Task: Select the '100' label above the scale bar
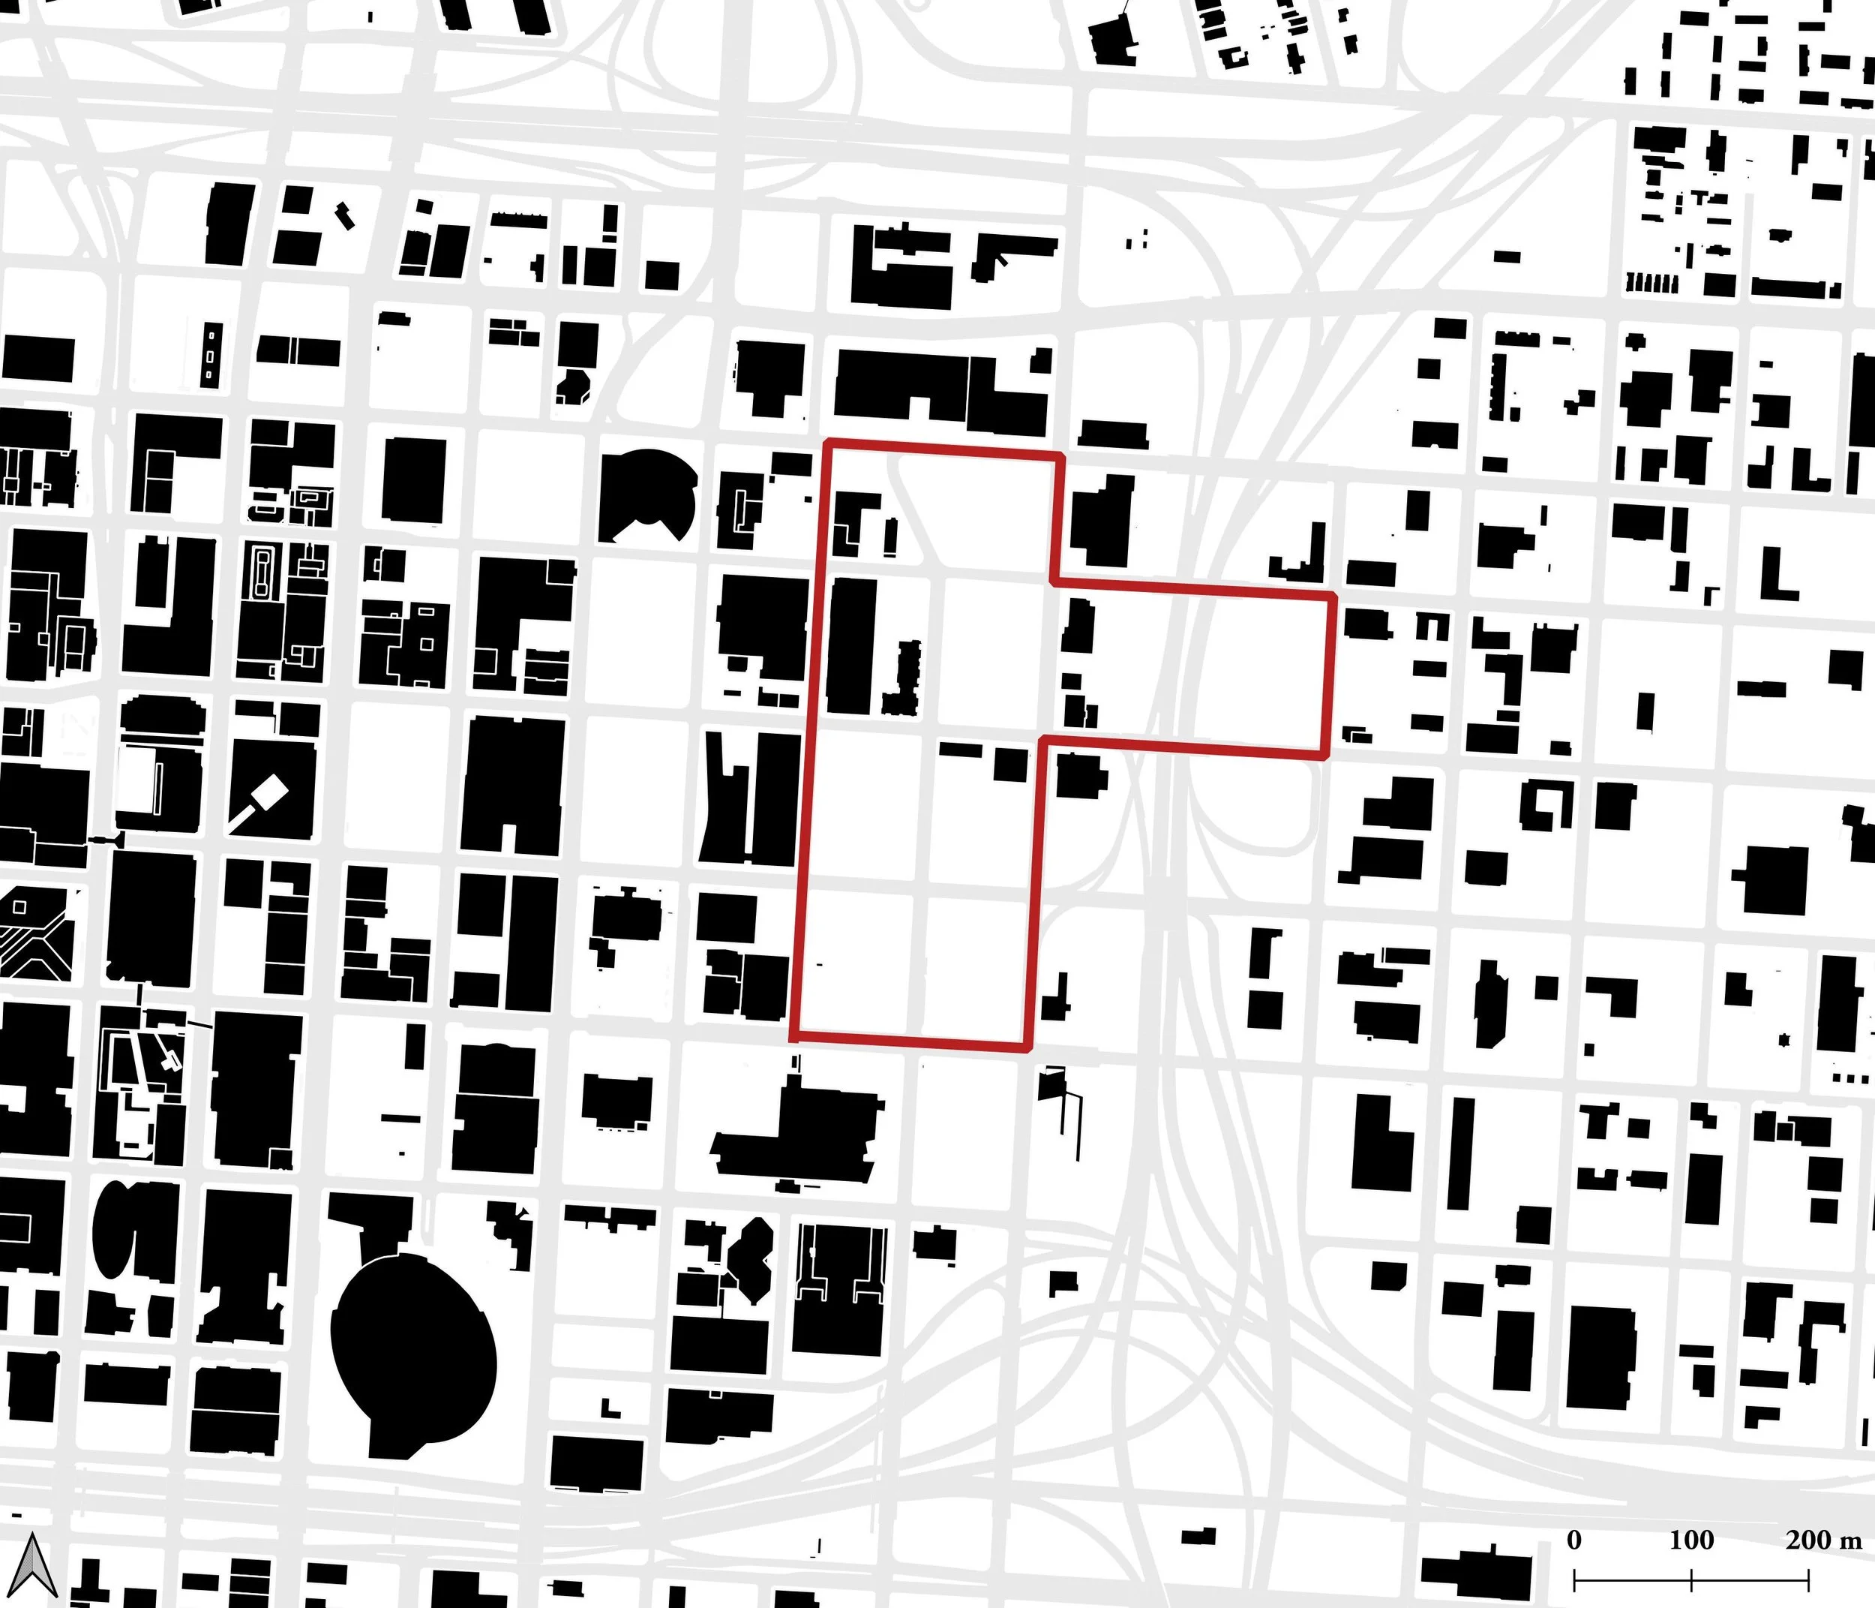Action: tap(1690, 1540)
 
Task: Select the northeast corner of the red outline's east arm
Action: tap(1333, 597)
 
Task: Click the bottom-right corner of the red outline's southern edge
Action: tap(1028, 1048)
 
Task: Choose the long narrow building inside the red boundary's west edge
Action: tap(851, 645)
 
